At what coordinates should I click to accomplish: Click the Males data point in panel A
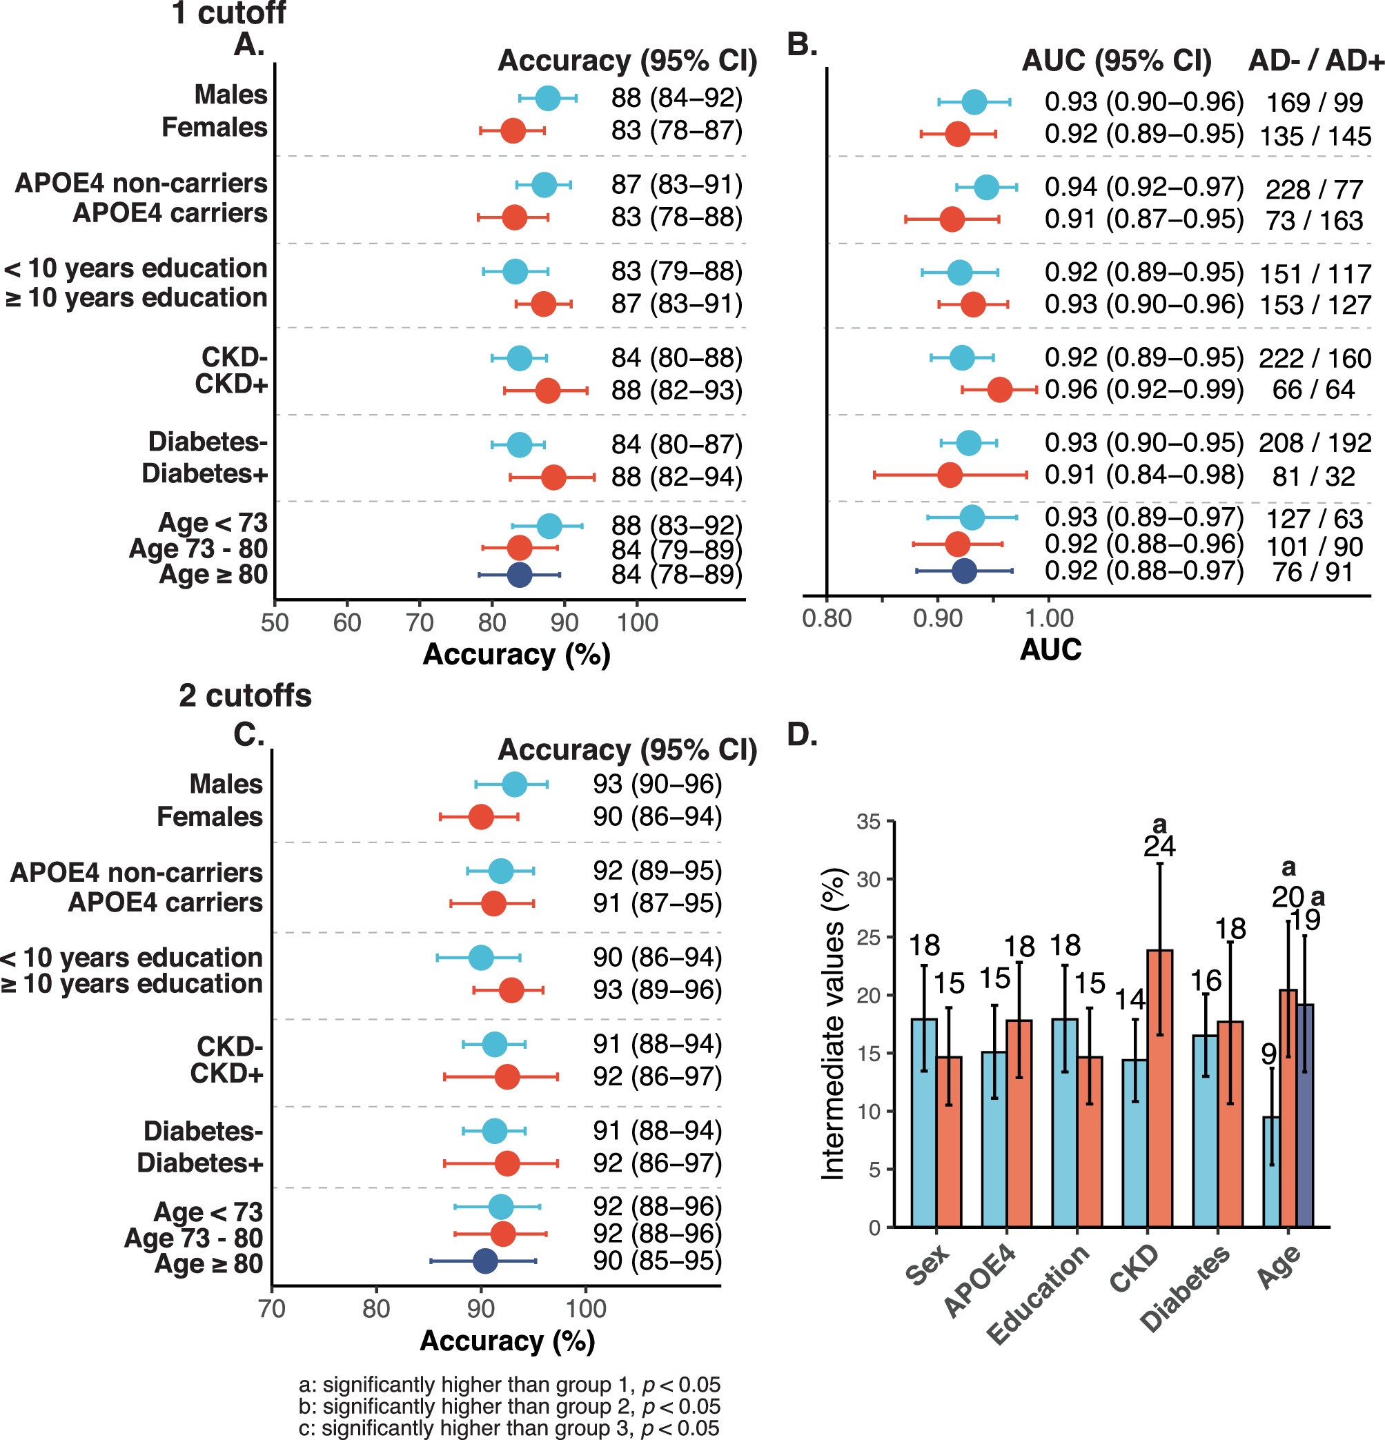pos(547,99)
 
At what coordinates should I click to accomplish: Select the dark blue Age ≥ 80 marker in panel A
pos(520,575)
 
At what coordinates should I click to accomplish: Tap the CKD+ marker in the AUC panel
pos(999,390)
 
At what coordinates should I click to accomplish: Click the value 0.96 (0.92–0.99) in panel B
pos(1144,389)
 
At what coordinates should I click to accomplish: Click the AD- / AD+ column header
pos(1316,61)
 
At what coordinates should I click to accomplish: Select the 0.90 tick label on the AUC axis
pos(937,619)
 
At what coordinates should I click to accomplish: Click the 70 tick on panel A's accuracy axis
pos(419,623)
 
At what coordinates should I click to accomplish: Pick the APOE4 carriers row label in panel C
pos(166,903)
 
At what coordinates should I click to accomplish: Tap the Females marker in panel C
pos(481,817)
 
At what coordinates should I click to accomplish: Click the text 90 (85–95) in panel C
pos(658,1261)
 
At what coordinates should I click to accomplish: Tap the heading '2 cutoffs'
pos(245,695)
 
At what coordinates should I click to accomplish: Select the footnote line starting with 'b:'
pos(509,1406)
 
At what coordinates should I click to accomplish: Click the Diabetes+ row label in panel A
pos(204,474)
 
